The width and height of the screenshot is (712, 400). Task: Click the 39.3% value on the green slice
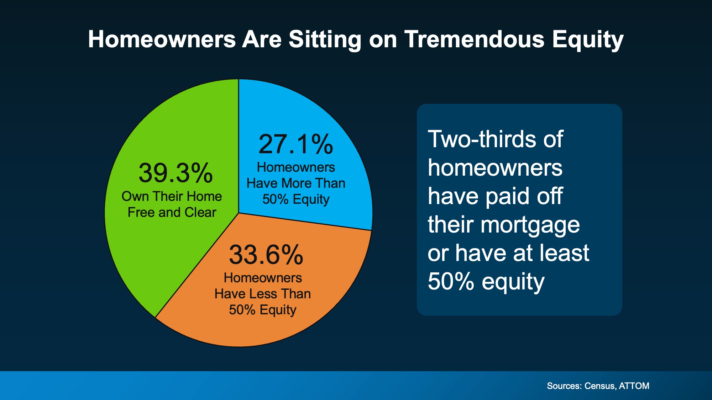(176, 174)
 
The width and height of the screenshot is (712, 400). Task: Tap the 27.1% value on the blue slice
(296, 145)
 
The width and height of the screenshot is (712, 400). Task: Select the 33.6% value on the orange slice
(266, 255)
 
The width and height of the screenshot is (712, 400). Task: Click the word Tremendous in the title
(474, 39)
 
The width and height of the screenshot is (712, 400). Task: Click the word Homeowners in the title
(162, 39)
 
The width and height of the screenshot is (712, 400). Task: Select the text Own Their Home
(172, 196)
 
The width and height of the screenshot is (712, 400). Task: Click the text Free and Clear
(172, 212)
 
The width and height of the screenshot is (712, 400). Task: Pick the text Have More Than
(296, 183)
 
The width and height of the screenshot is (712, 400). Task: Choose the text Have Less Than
(262, 294)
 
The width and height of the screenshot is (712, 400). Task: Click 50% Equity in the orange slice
(262, 310)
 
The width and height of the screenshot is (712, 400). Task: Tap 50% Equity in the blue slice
(296, 199)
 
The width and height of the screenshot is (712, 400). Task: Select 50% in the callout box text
(451, 282)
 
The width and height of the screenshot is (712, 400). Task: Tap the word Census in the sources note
(600, 386)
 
